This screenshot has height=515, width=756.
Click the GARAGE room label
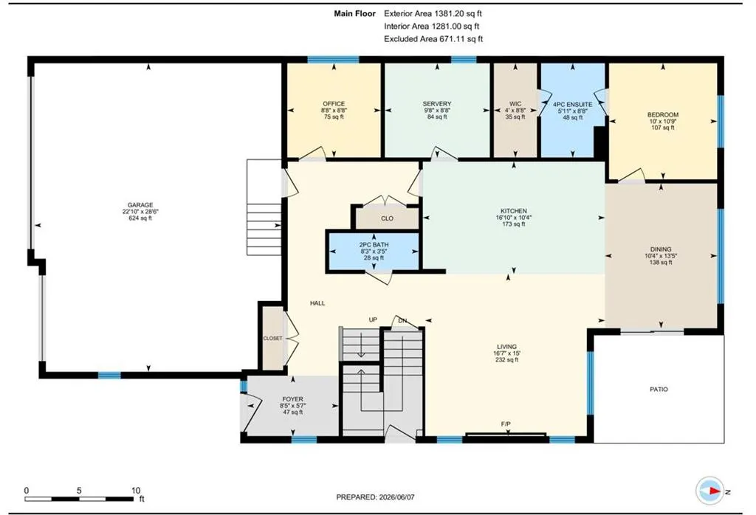point(140,205)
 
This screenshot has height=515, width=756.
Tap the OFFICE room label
point(334,103)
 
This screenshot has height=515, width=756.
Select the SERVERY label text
point(437,103)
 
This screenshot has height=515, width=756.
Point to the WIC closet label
point(515,103)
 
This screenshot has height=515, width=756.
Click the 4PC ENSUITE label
point(572,104)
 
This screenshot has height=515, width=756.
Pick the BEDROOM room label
point(663,114)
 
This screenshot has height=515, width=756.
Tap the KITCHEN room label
point(514,211)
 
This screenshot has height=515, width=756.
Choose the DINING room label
point(661,249)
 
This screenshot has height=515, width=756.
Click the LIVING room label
point(506,346)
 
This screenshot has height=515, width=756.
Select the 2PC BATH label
point(374,245)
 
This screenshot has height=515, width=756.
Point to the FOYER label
point(292,399)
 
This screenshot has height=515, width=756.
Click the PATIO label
point(659,390)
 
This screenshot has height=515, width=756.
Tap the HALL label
point(317,303)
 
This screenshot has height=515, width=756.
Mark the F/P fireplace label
point(506,424)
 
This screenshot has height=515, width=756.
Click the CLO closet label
point(387,218)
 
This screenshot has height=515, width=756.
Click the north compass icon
point(710,491)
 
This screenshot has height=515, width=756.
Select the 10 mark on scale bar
point(136,491)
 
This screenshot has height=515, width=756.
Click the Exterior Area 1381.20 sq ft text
point(433,13)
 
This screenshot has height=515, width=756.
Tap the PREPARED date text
point(375,497)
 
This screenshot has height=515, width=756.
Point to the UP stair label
point(373,319)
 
